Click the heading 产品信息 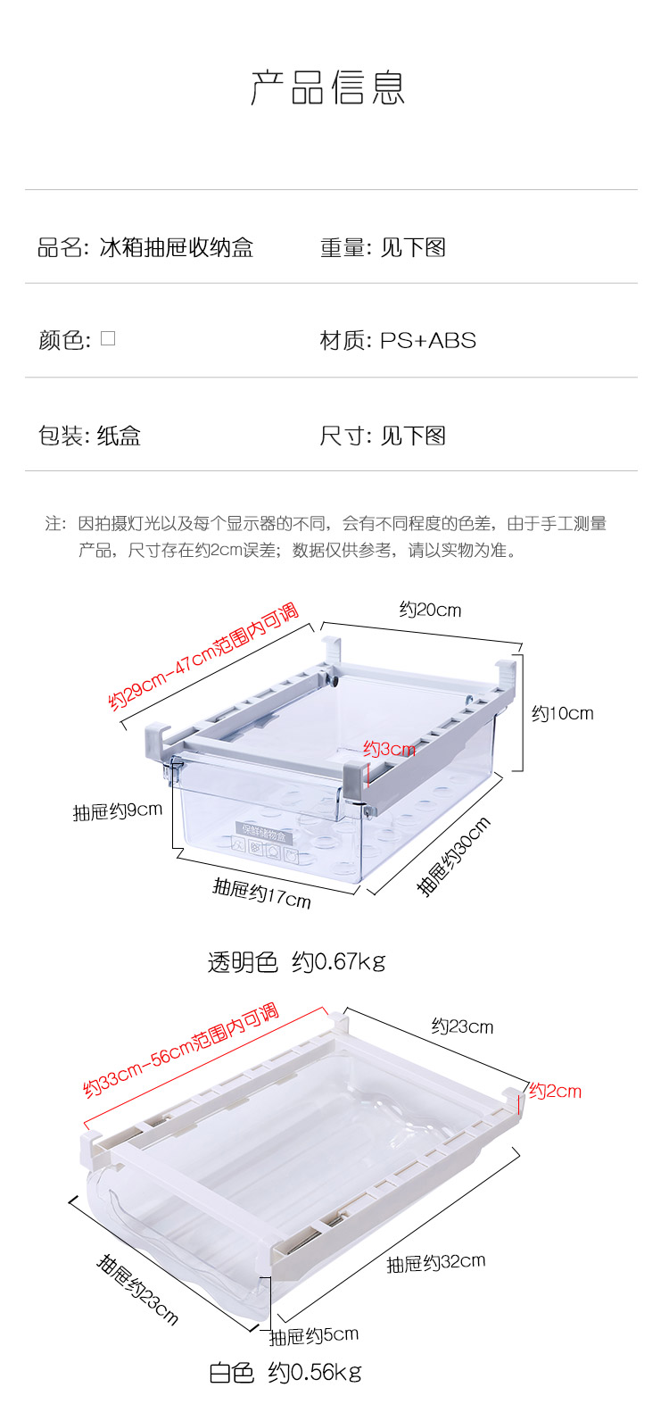328,87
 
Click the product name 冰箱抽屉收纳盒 177,247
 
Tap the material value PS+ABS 428,340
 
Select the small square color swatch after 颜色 108,338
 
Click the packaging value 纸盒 119,436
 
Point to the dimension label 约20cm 430,611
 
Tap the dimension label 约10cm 562,713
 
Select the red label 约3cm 389,750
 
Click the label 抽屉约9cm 118,811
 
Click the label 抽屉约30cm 454,856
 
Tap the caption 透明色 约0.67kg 296,962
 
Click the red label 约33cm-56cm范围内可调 181,1051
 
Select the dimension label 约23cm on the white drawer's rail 462,1026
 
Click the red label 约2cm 555,1091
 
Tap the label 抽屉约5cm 314,1335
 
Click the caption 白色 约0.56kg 285,1372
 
